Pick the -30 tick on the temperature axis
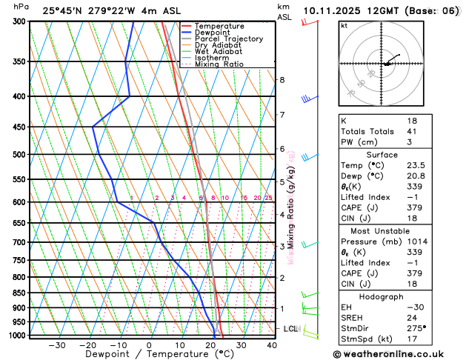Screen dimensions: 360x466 [x=56, y=345]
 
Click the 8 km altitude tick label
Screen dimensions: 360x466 [x=282, y=80]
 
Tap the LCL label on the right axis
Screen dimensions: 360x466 [x=291, y=328]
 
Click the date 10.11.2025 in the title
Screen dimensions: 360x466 [x=330, y=11]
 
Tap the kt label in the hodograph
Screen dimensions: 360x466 [x=344, y=25]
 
